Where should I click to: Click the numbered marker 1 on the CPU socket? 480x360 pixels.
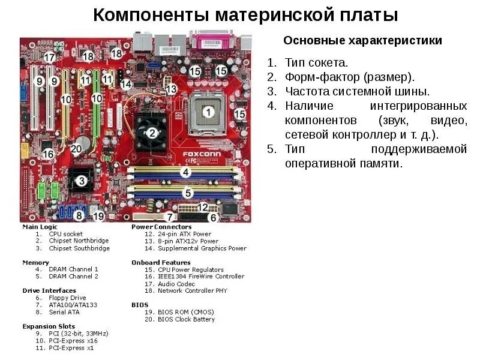208,111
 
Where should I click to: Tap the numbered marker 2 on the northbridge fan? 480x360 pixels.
152,133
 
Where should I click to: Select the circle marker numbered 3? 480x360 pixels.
81,179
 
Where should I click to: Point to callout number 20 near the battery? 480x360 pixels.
76,149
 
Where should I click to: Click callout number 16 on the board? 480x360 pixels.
48,154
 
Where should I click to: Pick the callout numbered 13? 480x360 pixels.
171,89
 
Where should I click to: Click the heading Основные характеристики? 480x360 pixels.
362,41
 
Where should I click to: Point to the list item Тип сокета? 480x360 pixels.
316,62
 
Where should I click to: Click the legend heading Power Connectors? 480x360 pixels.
161,227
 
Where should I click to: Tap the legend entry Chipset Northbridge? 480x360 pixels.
79,241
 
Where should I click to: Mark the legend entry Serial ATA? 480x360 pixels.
64,312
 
